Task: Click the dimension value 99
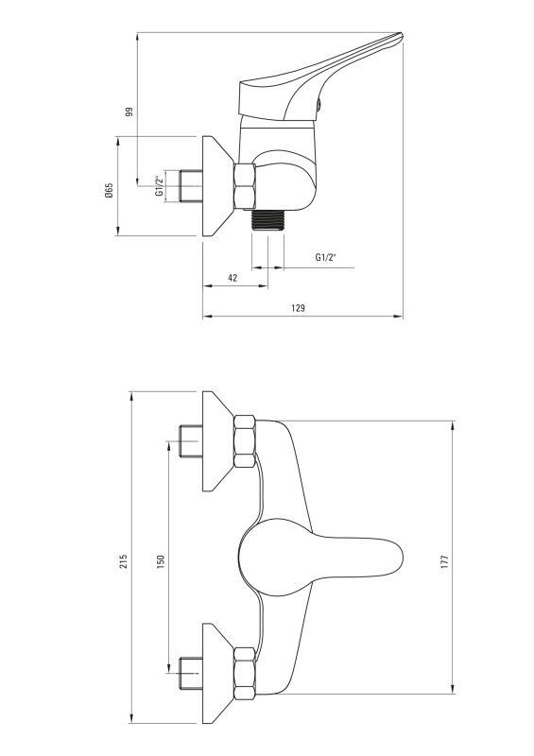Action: coord(129,112)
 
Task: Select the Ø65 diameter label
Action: coord(109,191)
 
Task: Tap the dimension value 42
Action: coord(233,278)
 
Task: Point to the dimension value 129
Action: coord(299,308)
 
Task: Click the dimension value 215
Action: coord(124,560)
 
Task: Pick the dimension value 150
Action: coord(161,562)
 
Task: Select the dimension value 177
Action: coord(444,562)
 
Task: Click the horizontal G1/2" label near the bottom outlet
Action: coord(326,257)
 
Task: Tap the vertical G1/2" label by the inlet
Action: coord(158,186)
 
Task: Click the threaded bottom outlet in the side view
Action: coord(267,221)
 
